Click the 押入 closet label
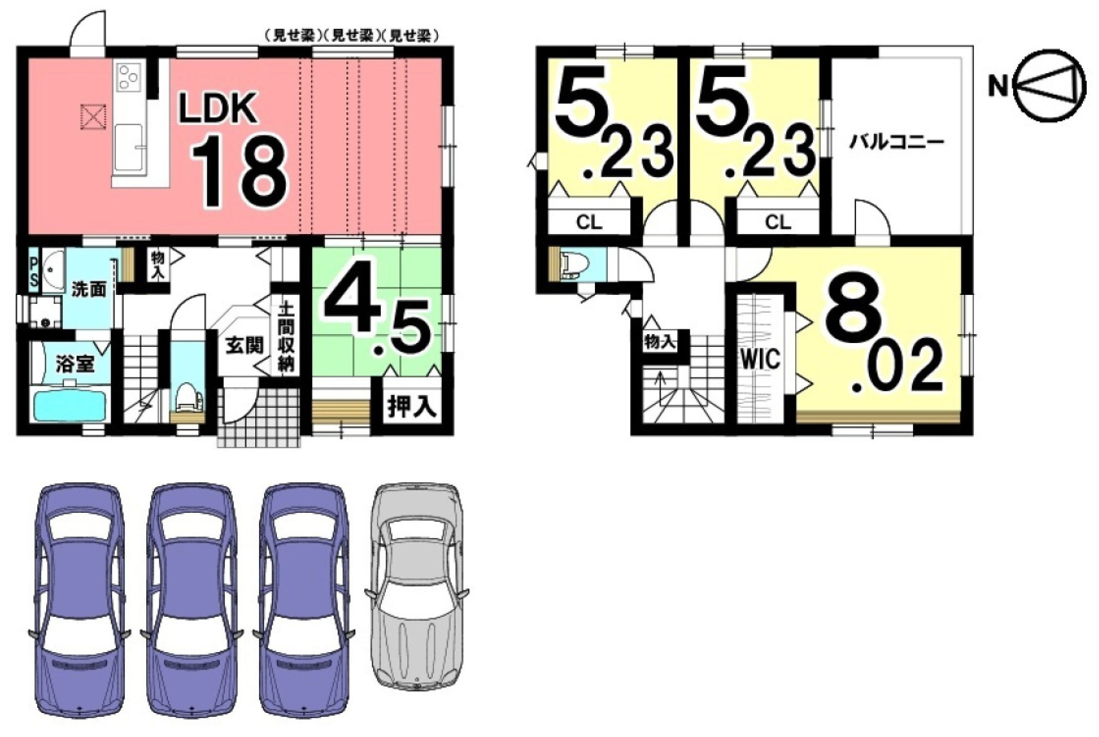(x=412, y=407)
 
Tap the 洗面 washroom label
(x=89, y=289)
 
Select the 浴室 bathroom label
(x=75, y=365)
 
